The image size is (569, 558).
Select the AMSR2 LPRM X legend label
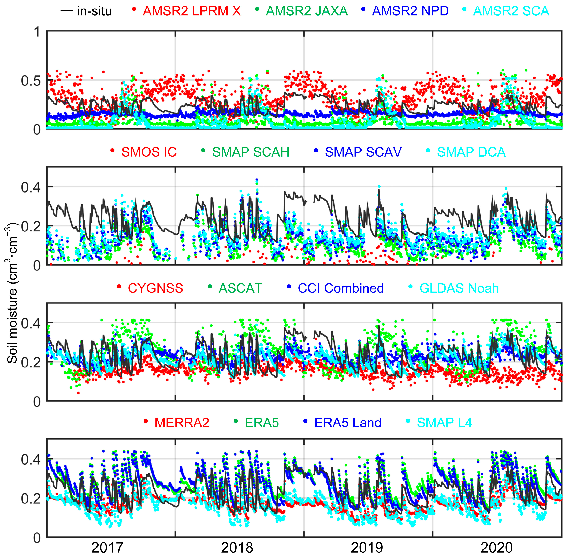click(192, 11)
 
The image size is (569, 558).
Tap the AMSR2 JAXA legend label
click(307, 11)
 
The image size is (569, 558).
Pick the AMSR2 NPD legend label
click(410, 11)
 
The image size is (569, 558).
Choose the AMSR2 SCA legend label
click(511, 11)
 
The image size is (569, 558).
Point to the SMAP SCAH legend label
click(251, 152)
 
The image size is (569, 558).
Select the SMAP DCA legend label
click(471, 152)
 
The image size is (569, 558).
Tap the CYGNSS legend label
click(155, 288)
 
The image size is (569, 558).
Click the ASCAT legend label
click(240, 288)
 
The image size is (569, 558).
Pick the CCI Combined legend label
click(341, 288)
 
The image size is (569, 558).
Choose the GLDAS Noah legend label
click(459, 288)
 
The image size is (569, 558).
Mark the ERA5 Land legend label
click(348, 423)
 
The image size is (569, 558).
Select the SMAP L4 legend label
click(444, 423)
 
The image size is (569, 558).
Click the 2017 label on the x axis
click(107, 547)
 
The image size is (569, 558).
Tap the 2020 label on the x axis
click(497, 547)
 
